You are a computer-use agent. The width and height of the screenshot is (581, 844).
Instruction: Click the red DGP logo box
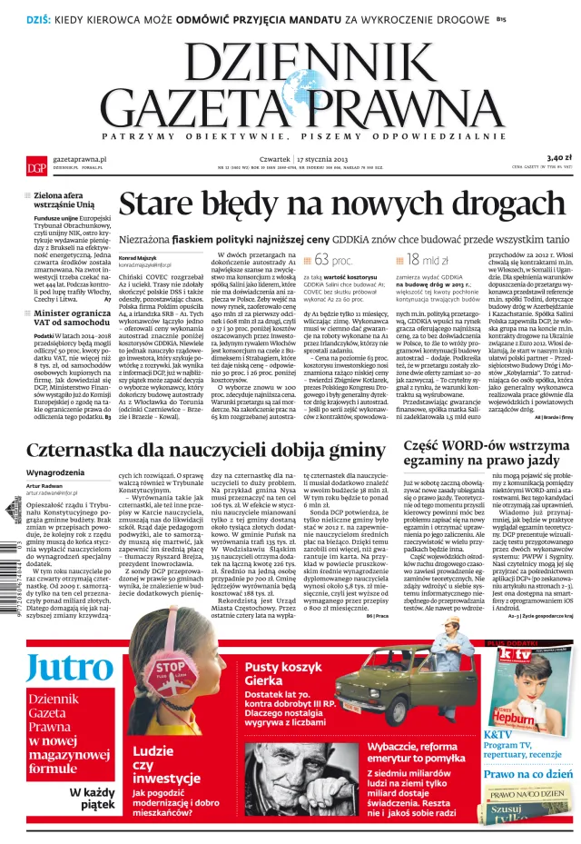(37, 167)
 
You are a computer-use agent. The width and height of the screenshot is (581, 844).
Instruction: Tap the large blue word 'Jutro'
(70, 669)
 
